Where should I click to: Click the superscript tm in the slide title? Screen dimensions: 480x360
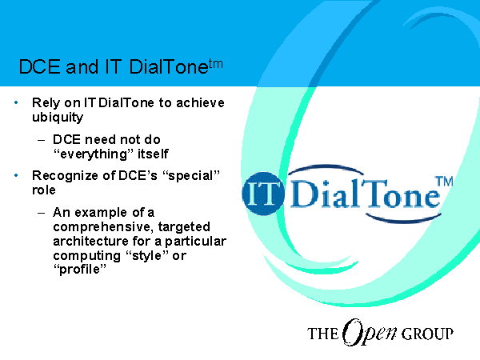216,65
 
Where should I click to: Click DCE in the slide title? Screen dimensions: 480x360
40,66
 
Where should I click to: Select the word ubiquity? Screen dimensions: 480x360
58,118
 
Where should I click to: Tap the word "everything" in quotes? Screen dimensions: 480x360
94,154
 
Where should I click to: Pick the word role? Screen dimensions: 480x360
44,190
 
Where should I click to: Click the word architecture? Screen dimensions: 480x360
90,242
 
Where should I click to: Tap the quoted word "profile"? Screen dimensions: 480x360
79,270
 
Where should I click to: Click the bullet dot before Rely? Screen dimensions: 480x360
16,102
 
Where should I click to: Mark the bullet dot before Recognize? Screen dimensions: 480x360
16,176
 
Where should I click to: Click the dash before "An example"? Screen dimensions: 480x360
42,213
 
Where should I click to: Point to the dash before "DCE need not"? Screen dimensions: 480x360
42,141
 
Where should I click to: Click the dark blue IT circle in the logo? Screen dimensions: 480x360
263,194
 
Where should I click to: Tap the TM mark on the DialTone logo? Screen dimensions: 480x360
444,182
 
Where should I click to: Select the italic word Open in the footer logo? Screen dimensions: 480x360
370,333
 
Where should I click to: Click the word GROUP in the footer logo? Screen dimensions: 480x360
427,334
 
